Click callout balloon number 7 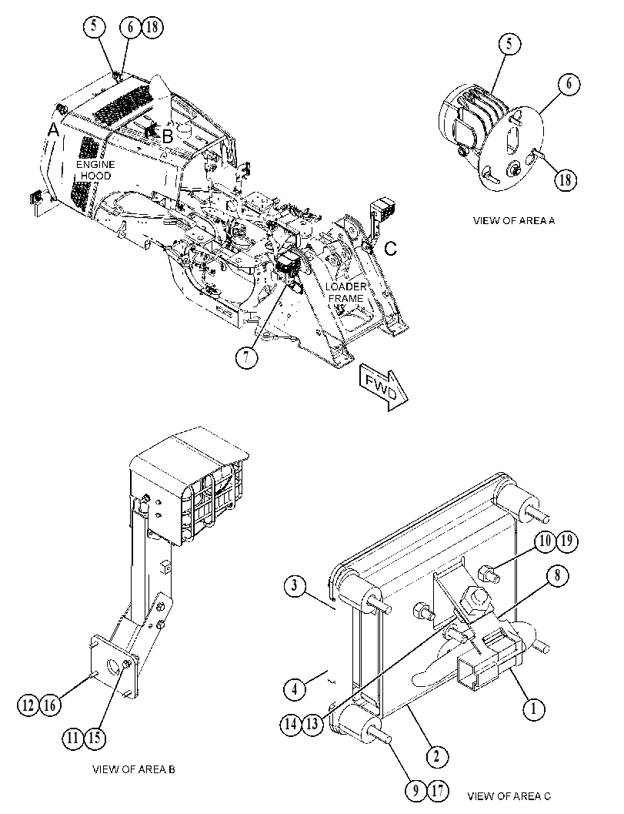click(246, 357)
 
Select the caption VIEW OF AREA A click(513, 220)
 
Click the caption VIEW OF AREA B click(133, 769)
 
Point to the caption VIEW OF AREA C click(509, 796)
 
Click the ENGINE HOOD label click(95, 170)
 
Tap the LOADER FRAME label click(345, 293)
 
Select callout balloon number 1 click(534, 708)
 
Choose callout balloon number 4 click(295, 689)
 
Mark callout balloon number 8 click(557, 575)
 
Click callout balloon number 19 click(566, 541)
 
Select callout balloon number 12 click(28, 705)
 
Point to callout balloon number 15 click(94, 738)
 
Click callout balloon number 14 click(292, 723)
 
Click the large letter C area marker click(391, 249)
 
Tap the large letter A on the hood click(53, 132)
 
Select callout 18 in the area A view click(566, 179)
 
